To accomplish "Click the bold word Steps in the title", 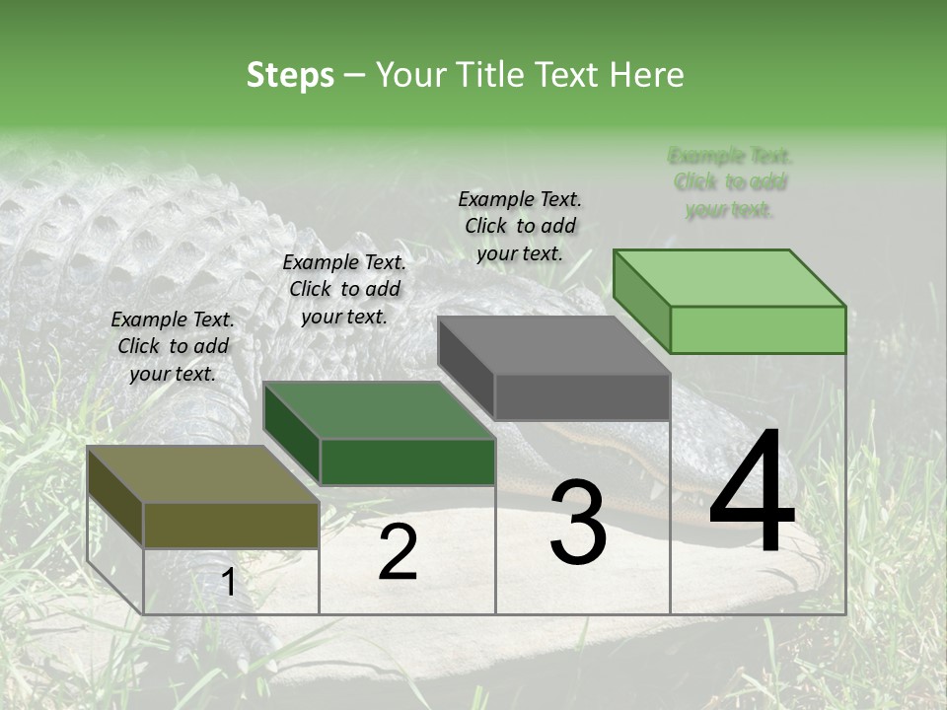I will pos(290,75).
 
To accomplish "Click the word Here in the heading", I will pos(646,75).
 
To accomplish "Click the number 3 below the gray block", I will pos(577,523).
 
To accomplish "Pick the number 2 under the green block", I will pos(398,552).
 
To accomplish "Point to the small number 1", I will pos(228,583).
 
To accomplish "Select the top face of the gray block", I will pos(553,345).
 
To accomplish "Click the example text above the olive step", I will pos(173,346).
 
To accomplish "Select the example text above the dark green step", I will pos(344,289).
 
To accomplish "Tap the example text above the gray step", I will pos(520,226).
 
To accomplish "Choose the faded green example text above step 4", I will pos(730,182).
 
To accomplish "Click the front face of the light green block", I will pos(758,329).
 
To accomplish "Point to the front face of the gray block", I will pos(582,396).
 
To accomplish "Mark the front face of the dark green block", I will pos(407,461).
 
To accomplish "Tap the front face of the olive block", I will pos(231,525).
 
